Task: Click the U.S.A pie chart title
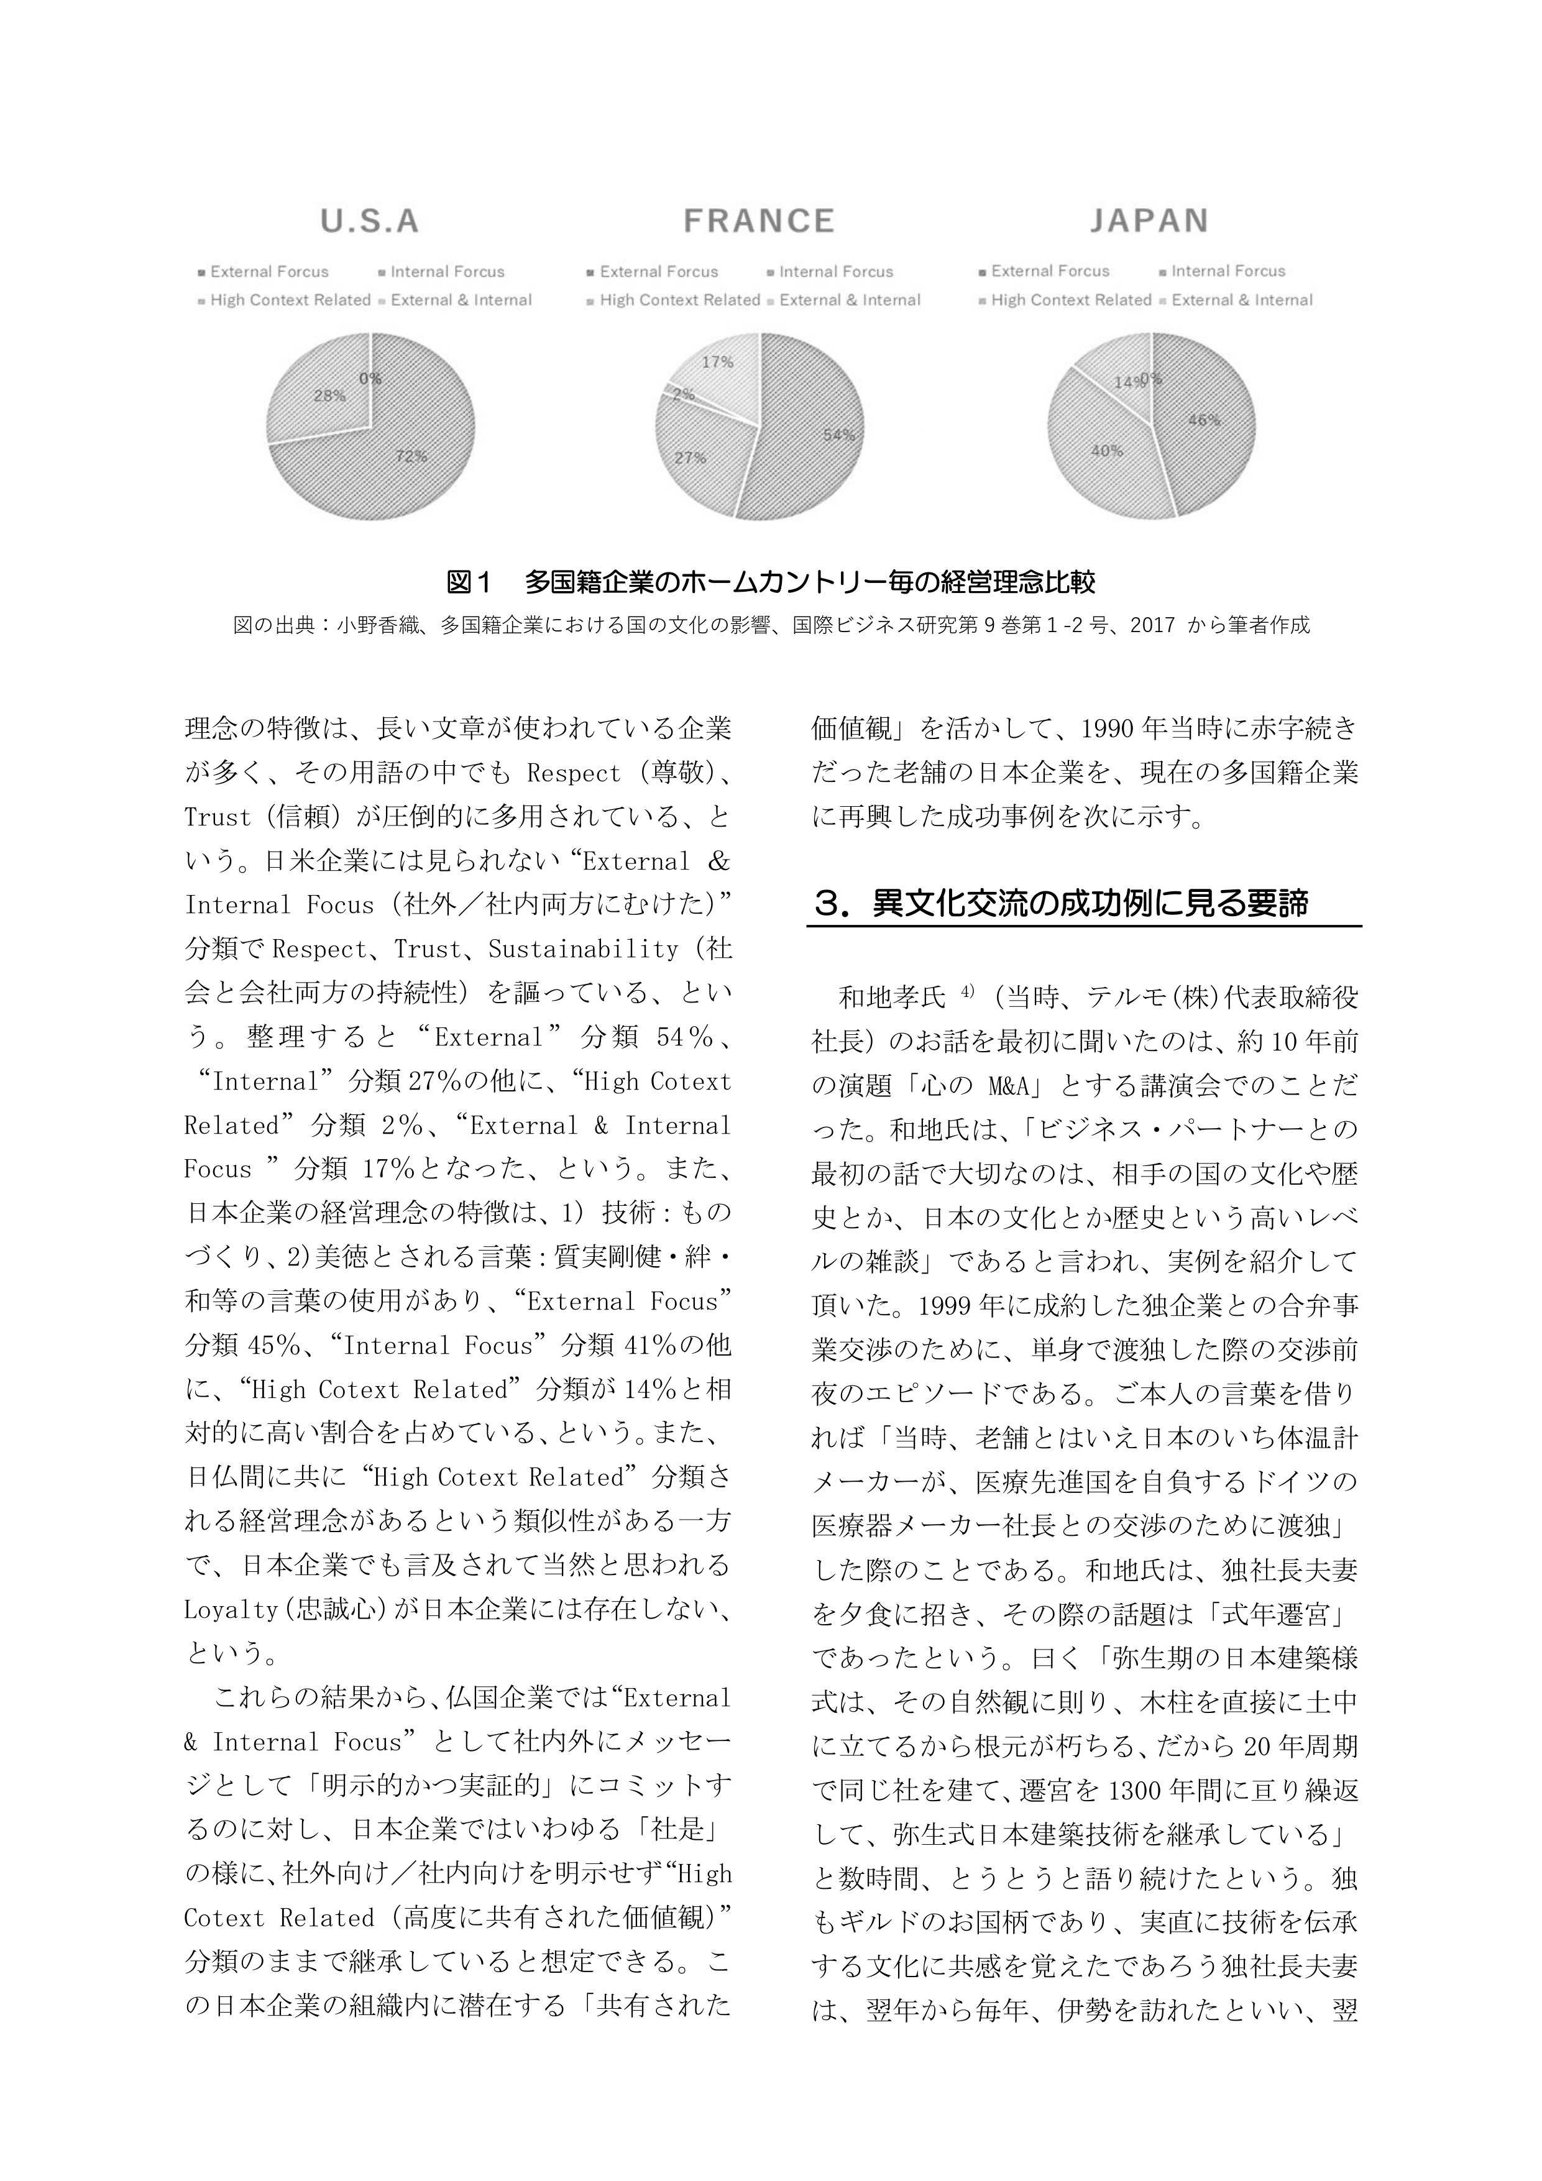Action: (370, 221)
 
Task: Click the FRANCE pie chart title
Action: (758, 221)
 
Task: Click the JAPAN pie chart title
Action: (1149, 221)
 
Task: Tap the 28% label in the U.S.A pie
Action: (329, 396)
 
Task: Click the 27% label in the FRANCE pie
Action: (690, 458)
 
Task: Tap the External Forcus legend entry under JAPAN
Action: (1050, 271)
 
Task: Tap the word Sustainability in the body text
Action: (584, 949)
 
